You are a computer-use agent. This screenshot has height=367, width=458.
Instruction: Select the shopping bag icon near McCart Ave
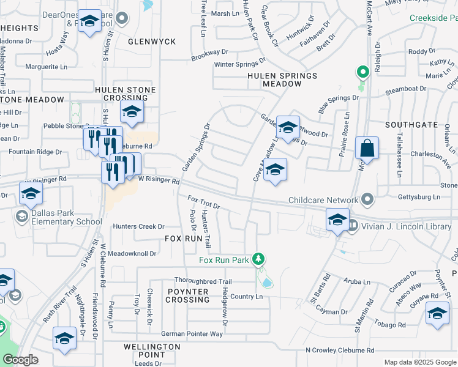[366, 149]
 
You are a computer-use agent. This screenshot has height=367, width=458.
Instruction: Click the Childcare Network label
[323, 200]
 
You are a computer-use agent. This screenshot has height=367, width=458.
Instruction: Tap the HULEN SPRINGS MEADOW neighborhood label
[282, 80]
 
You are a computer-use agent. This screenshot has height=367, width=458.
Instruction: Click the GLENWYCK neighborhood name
[152, 42]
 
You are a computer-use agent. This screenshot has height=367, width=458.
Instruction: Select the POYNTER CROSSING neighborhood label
[187, 295]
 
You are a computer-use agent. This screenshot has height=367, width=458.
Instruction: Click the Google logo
[20, 360]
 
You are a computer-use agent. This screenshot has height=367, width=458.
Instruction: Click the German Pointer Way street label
[192, 334]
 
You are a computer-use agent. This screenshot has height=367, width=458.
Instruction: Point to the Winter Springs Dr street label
[239, 64]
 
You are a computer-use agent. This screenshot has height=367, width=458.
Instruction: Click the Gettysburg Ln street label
[419, 197]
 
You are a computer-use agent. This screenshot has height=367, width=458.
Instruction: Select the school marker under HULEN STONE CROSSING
[131, 111]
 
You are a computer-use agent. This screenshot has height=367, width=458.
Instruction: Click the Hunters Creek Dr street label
[139, 226]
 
